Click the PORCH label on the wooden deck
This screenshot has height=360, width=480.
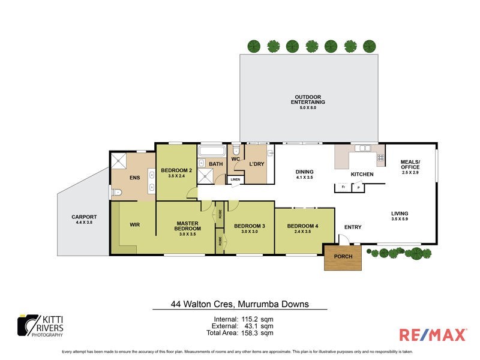[344, 256]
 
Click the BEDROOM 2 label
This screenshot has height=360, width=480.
[176, 171]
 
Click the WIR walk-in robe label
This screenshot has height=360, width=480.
[134, 226]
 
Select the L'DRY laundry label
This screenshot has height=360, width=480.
[257, 164]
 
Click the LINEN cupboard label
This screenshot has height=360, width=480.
[235, 179]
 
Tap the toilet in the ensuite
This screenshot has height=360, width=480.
[117, 193]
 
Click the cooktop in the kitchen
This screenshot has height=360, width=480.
[380, 158]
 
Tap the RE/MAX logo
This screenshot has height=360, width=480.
[432, 334]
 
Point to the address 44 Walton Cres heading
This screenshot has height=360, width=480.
[239, 304]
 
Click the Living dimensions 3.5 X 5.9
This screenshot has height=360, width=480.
[400, 220]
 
